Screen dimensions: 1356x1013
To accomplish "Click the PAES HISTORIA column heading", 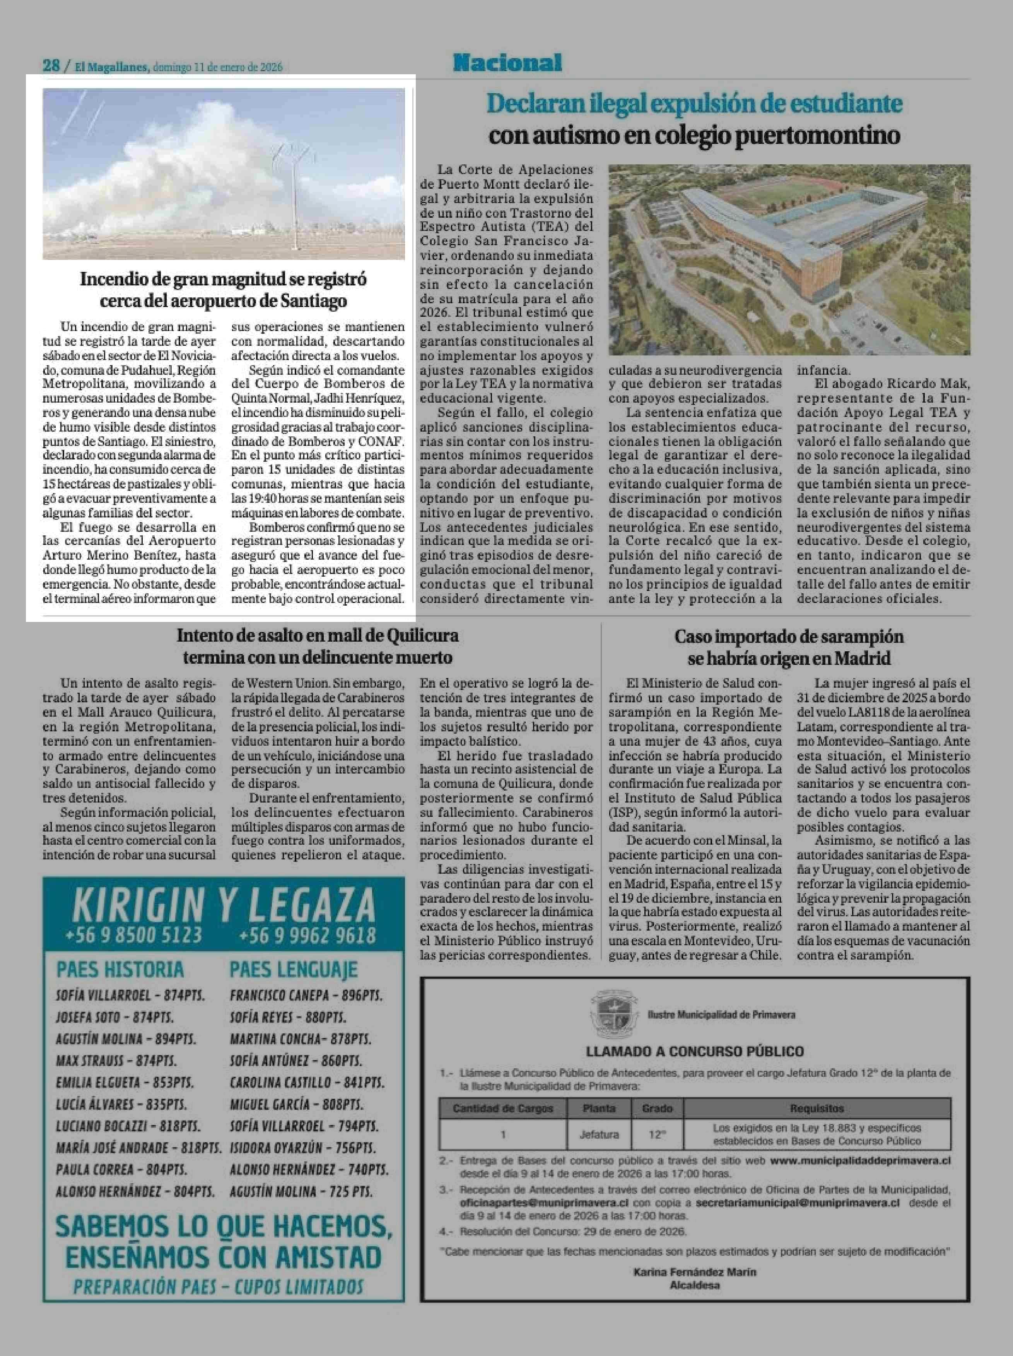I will (x=120, y=969).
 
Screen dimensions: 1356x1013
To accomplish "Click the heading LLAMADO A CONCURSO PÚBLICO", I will (x=695, y=1051).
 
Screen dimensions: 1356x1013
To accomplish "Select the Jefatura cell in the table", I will (x=599, y=1135).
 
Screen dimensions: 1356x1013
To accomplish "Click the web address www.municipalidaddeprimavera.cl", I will (x=860, y=1160).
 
